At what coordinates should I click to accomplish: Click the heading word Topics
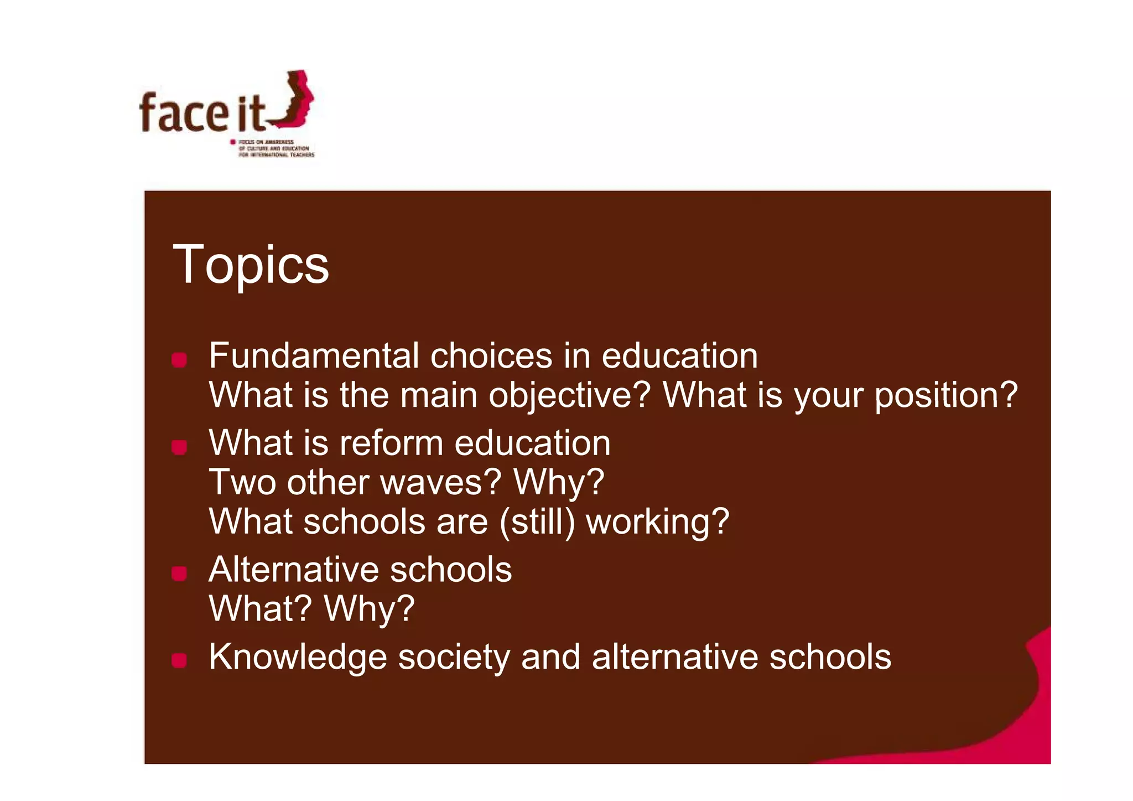[x=251, y=266]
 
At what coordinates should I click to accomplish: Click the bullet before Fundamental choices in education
[x=179, y=360]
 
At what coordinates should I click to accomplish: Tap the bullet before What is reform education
[x=179, y=447]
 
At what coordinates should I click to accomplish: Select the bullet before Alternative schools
[x=179, y=573]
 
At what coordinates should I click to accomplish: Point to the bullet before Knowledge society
[x=179, y=660]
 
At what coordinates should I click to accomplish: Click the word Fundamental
[x=314, y=355]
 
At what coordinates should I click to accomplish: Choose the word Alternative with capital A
[x=293, y=570]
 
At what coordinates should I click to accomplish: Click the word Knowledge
[x=298, y=658]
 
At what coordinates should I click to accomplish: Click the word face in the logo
[x=184, y=113]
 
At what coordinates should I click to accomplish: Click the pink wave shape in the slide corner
[x=1029, y=714]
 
